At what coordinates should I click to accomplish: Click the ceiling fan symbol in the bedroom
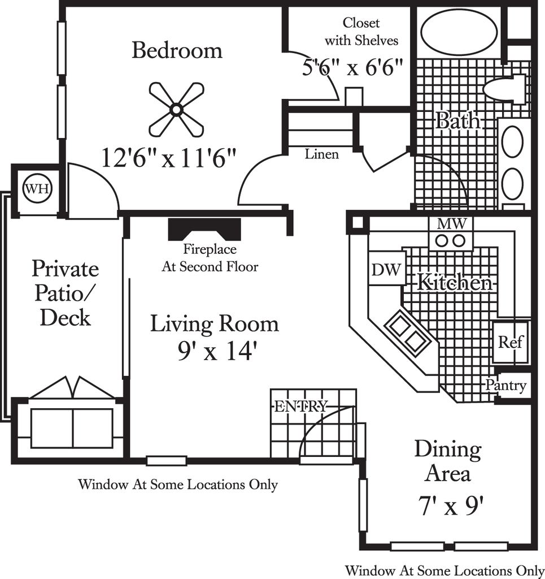coord(176,109)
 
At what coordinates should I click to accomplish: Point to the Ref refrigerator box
coord(511,342)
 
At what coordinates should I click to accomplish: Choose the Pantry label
coord(505,385)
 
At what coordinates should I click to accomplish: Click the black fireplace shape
coord(204,230)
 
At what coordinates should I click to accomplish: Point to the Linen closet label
coord(321,154)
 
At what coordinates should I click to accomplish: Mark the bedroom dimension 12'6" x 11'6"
coord(168,158)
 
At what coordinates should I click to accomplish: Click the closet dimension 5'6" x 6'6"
coord(352,68)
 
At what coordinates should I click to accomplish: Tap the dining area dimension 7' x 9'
coord(450,505)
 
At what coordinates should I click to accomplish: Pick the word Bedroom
coord(177,50)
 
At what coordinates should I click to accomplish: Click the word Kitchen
coord(454,283)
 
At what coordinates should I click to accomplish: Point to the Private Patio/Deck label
coord(66,293)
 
